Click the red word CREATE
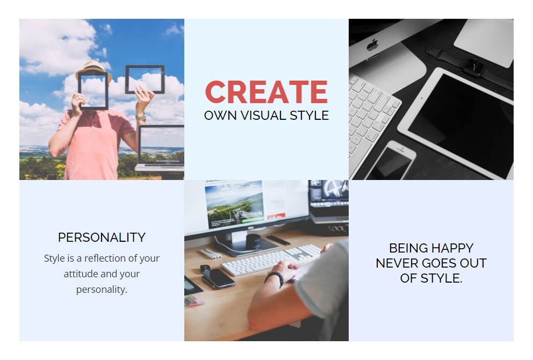tap(266, 92)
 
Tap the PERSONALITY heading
tap(102, 237)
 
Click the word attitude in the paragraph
tap(81, 273)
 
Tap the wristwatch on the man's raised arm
tap(141, 118)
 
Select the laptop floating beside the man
tap(160, 148)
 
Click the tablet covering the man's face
tap(93, 90)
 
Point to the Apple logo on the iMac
tap(372, 45)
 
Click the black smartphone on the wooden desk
tap(218, 278)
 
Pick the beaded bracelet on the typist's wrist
tap(275, 278)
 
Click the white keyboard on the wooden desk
tap(271, 260)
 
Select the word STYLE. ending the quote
tap(442, 278)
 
